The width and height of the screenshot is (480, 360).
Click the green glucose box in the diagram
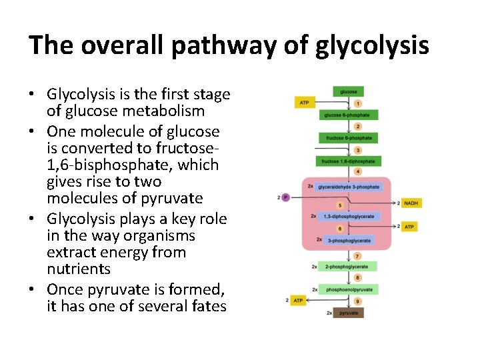(x=348, y=92)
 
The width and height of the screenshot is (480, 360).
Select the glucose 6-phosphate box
(x=348, y=115)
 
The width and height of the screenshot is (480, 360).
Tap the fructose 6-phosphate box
(x=349, y=138)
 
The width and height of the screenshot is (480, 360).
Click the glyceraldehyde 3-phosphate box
(x=348, y=187)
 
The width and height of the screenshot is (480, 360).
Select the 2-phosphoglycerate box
(x=347, y=267)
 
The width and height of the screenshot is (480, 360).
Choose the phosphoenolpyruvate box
(x=349, y=289)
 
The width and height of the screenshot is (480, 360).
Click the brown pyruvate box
(x=349, y=312)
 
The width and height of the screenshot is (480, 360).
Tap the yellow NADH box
(x=411, y=203)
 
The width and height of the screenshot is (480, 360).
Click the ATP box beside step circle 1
(x=305, y=103)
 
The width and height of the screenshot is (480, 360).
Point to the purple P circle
(x=285, y=197)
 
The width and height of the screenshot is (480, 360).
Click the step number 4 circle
(x=358, y=172)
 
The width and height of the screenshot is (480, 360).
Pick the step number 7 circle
(x=358, y=255)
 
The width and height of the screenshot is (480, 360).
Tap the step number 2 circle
(x=358, y=126)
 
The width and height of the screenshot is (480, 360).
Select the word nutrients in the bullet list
(x=79, y=269)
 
